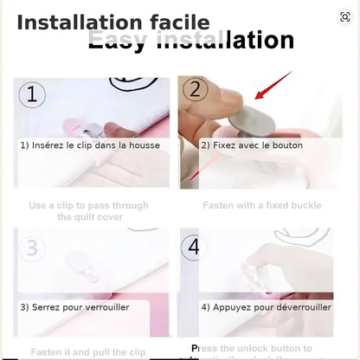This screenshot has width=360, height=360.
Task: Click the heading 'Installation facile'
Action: [x=112, y=22]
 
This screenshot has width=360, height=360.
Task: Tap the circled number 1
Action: [x=31, y=94]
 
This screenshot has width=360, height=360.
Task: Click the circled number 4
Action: [x=194, y=247]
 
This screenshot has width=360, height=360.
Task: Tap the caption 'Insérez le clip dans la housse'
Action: [x=90, y=145]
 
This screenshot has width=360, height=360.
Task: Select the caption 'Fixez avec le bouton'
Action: [x=252, y=145]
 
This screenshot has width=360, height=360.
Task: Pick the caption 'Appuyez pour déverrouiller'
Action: [x=266, y=306]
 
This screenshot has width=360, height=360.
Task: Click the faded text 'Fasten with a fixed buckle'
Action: [x=261, y=206]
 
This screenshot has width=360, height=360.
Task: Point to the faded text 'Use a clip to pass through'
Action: [x=88, y=206]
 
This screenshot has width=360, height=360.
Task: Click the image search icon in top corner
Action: [x=345, y=16]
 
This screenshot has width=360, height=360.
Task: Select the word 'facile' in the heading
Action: [x=178, y=22]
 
